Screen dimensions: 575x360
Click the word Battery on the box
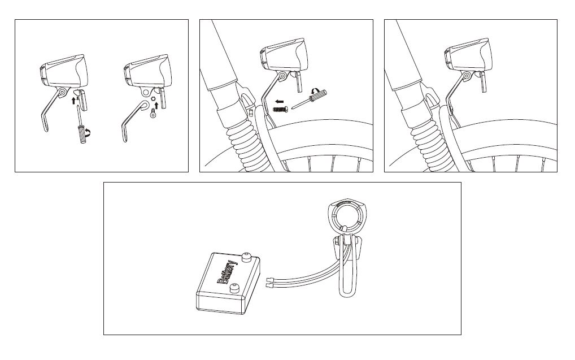tap(228, 272)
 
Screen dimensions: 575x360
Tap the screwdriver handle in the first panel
tap(82, 134)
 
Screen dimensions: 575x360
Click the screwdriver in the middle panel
tap(309, 99)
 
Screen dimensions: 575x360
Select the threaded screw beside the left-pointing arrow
tap(280, 109)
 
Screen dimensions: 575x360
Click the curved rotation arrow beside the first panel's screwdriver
tap(88, 132)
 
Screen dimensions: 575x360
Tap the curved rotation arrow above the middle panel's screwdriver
tap(315, 90)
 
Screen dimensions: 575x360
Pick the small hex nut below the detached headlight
tap(153, 99)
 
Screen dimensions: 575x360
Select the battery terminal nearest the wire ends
tap(234, 289)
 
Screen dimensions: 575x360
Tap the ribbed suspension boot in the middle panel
tap(246, 144)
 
